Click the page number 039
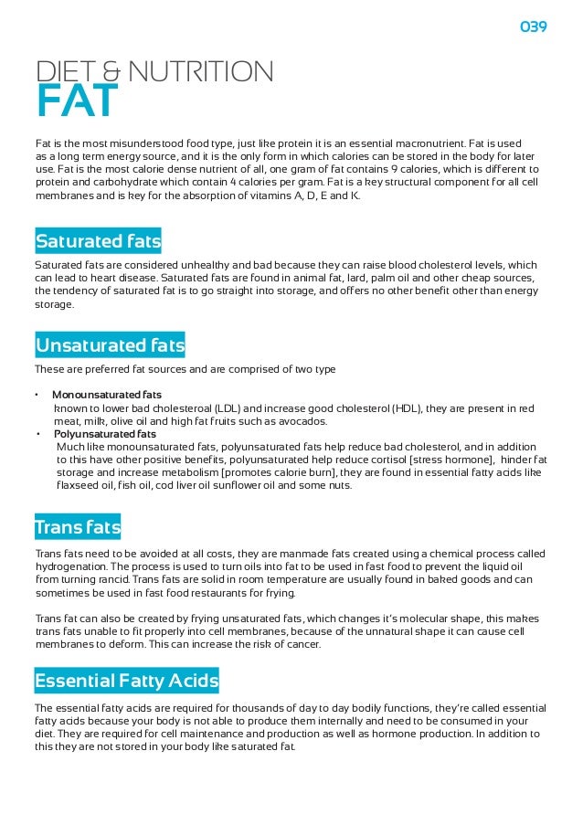533,27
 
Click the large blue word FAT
77,101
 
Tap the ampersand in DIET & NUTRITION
113,70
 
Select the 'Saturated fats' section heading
98,241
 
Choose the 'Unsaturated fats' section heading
110,345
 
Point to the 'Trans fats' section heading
78,528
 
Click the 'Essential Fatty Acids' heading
126,681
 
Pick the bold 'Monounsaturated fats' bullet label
107,395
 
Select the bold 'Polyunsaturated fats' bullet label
104,434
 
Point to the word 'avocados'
299,421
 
